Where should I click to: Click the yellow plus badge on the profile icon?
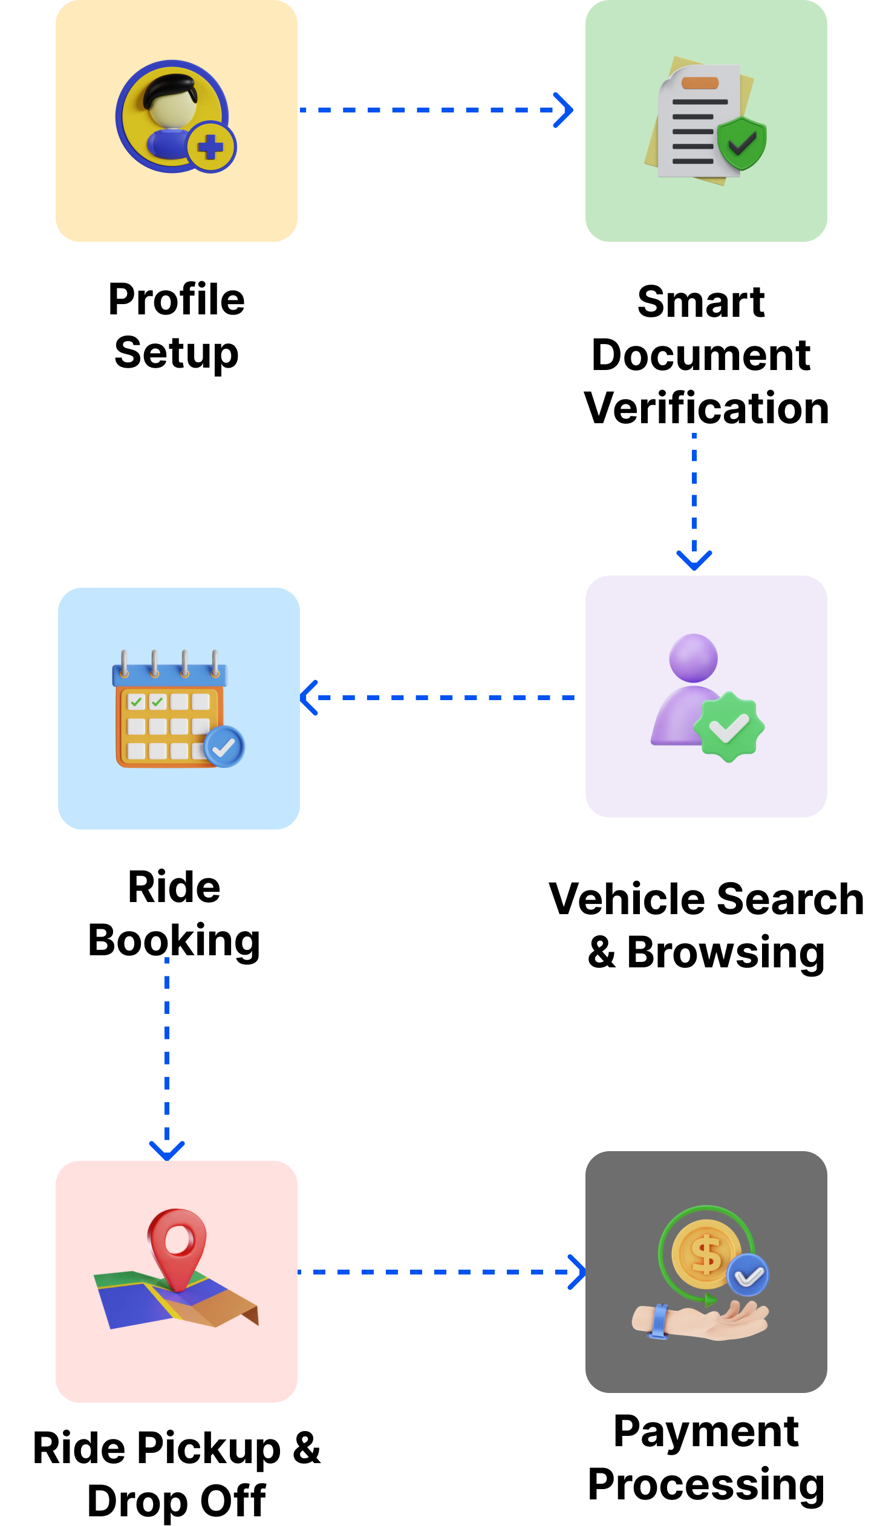pos(211,147)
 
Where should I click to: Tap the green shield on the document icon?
pos(741,143)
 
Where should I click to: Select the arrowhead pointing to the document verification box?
pos(563,110)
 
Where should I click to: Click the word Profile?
pos(177,299)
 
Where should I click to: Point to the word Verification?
pos(706,408)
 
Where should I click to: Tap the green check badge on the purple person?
pos(729,727)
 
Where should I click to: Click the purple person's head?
pos(694,658)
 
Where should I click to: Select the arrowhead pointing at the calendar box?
pos(310,698)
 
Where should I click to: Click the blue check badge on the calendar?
pos(224,747)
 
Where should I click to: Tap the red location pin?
pos(177,1249)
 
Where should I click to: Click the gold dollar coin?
pos(706,1255)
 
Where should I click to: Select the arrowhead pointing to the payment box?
pos(576,1271)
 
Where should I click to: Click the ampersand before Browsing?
pos(601,952)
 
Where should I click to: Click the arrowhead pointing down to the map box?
pos(167,1151)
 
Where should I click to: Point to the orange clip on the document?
pos(700,83)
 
